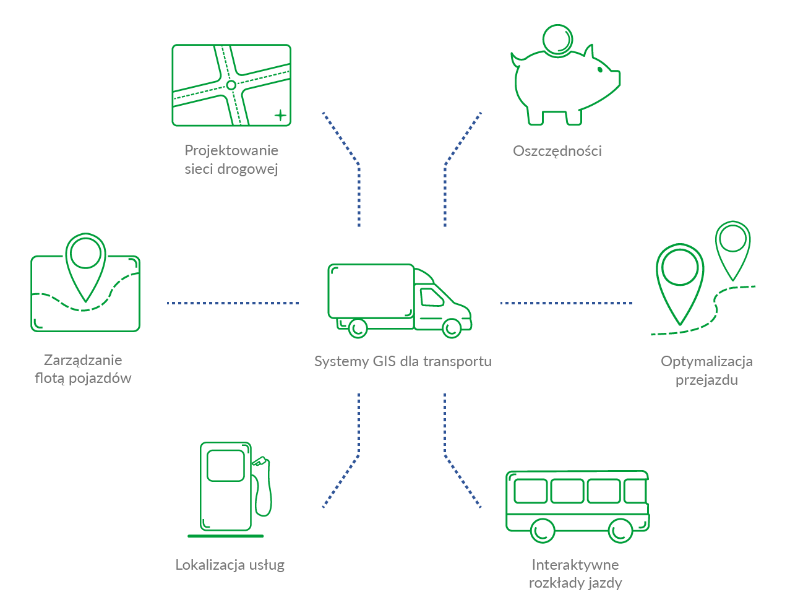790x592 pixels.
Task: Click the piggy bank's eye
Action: click(x=600, y=69)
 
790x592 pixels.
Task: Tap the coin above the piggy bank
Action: click(x=557, y=40)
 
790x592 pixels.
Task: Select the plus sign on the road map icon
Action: click(x=280, y=115)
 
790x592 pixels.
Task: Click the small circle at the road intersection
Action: click(x=231, y=85)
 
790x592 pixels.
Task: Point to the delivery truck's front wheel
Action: click(x=452, y=328)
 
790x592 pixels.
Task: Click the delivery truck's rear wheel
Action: click(x=358, y=328)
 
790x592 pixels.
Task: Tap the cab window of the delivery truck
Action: click(x=432, y=298)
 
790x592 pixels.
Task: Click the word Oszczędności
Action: click(x=557, y=151)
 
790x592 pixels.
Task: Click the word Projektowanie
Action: click(x=231, y=150)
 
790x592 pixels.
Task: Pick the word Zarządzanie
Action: click(x=83, y=360)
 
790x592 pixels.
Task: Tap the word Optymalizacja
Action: click(x=706, y=361)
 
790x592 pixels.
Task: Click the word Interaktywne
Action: click(x=575, y=565)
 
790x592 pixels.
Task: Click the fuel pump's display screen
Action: click(x=226, y=465)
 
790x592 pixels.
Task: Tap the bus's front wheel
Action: click(x=620, y=531)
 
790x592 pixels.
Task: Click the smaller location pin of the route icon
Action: click(x=732, y=251)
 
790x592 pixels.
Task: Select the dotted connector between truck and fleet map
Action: click(x=233, y=303)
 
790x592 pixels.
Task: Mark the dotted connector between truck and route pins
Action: click(x=566, y=303)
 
